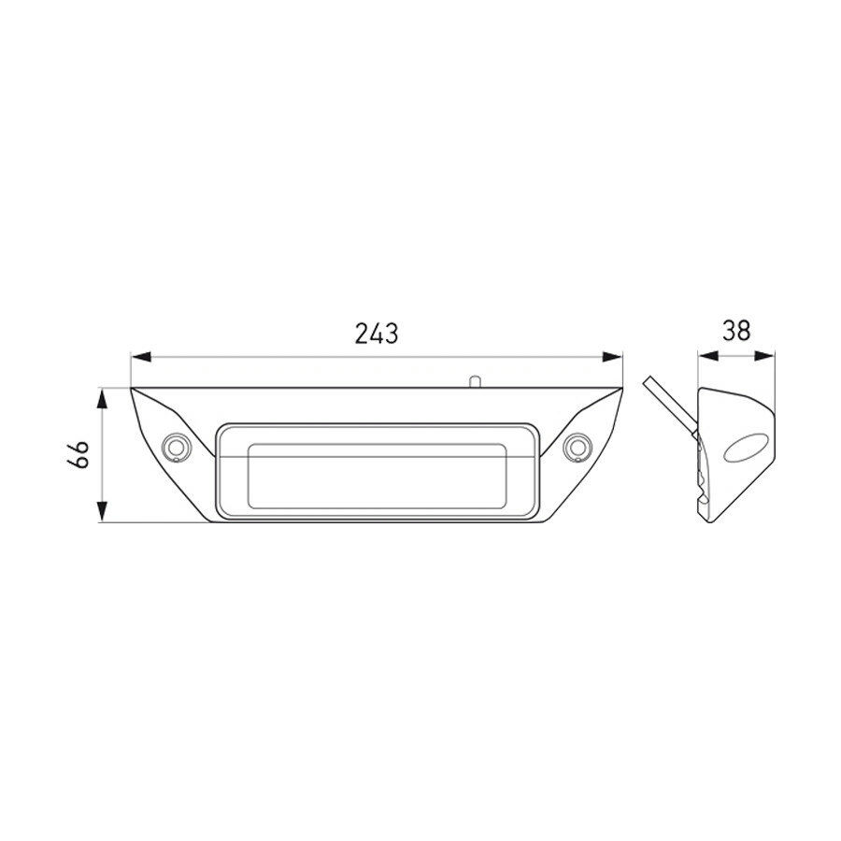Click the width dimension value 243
tap(378, 333)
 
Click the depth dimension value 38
tap(736, 331)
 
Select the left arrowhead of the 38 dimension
tap(707, 355)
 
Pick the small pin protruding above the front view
tap(475, 380)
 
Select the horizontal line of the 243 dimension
tap(280, 356)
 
